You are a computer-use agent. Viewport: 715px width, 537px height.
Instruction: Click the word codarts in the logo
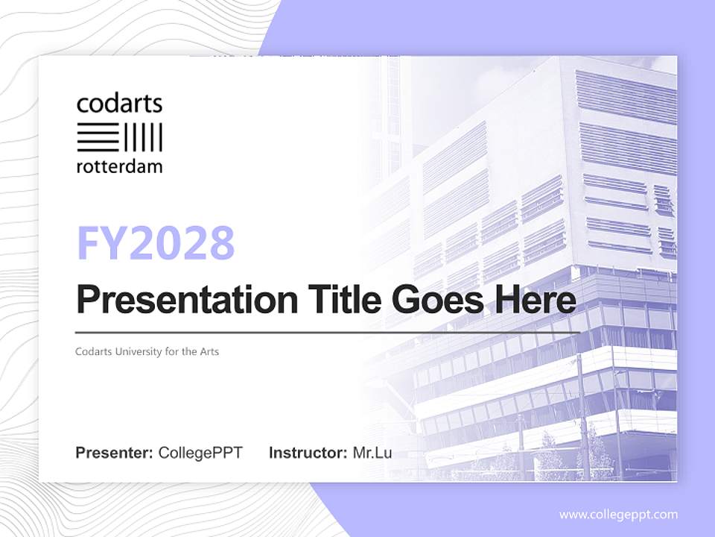pyautogui.click(x=119, y=104)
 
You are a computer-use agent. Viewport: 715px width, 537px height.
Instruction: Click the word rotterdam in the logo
pyautogui.click(x=119, y=166)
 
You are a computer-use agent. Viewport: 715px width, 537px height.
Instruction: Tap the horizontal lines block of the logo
pyautogui.click(x=97, y=137)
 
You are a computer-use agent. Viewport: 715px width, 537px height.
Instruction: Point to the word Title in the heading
pyautogui.click(x=333, y=301)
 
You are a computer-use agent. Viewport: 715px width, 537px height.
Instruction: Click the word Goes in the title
pyautogui.click(x=434, y=301)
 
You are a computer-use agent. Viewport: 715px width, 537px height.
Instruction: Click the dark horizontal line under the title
pyautogui.click(x=328, y=332)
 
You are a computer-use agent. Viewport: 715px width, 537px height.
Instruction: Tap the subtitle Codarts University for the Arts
pyautogui.click(x=147, y=351)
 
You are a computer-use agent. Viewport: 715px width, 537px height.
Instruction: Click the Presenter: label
pyautogui.click(x=114, y=453)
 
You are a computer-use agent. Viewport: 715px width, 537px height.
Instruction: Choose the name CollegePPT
pyautogui.click(x=200, y=453)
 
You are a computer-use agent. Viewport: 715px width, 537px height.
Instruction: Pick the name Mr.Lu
pyautogui.click(x=372, y=453)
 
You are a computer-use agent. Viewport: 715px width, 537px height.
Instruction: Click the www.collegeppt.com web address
pyautogui.click(x=618, y=514)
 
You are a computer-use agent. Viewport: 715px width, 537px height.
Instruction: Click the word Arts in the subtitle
pyautogui.click(x=209, y=351)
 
